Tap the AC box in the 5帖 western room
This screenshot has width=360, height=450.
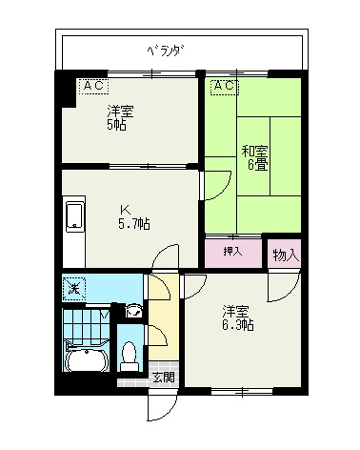92,86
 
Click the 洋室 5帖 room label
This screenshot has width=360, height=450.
119,117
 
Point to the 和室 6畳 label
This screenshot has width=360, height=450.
252,156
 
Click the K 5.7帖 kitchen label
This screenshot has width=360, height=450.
131,216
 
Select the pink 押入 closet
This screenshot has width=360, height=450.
231,253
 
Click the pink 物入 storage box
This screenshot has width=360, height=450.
285,255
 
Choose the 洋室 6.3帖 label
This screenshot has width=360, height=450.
238,317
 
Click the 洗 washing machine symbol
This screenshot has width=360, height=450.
73,286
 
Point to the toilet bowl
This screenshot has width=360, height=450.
130,354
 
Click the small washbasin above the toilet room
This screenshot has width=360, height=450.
134,310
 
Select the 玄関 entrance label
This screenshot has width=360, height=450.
163,377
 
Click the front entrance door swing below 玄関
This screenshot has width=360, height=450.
158,405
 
